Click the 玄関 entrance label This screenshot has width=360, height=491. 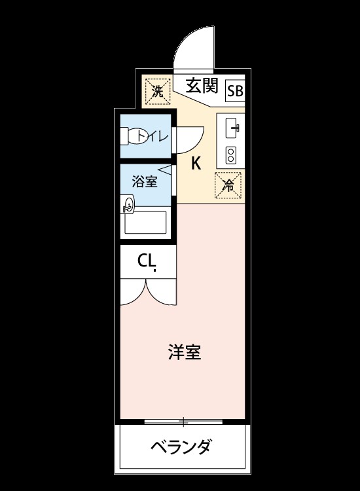point(202,86)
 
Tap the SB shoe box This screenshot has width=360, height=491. point(235,91)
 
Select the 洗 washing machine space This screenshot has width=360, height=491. point(158,92)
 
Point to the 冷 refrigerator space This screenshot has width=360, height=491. point(228,185)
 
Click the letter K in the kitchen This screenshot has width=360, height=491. point(196,163)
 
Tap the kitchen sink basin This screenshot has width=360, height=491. point(232,128)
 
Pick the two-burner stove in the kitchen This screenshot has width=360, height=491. point(231,155)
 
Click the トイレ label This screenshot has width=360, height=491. point(153,136)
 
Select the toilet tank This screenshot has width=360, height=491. point(124,136)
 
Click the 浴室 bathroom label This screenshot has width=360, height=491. point(144,181)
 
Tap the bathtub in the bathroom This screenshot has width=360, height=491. point(145,223)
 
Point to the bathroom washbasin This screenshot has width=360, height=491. point(128,204)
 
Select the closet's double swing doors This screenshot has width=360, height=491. point(149,292)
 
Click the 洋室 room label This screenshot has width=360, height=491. point(185,352)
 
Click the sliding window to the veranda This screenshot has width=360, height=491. point(183,422)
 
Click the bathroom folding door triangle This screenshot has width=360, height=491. point(165,170)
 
